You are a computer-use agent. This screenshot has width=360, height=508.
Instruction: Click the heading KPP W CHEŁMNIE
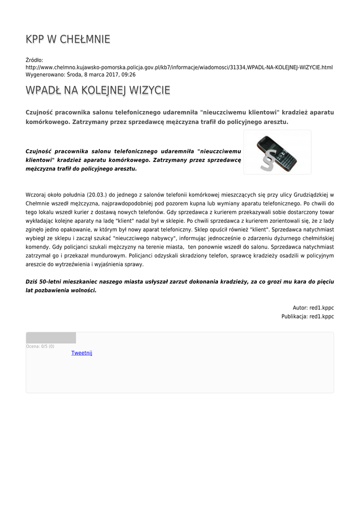[x=68, y=39]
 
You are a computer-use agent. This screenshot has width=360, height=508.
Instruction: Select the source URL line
[x=179, y=67]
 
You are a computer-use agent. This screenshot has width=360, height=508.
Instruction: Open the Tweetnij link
[x=81, y=353]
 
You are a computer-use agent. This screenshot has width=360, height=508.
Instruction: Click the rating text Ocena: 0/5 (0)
[x=40, y=346]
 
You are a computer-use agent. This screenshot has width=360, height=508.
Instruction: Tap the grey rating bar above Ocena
[x=51, y=338]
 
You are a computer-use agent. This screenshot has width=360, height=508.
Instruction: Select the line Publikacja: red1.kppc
[x=307, y=316]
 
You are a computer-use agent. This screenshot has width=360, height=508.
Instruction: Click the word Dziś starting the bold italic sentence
[x=32, y=282]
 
